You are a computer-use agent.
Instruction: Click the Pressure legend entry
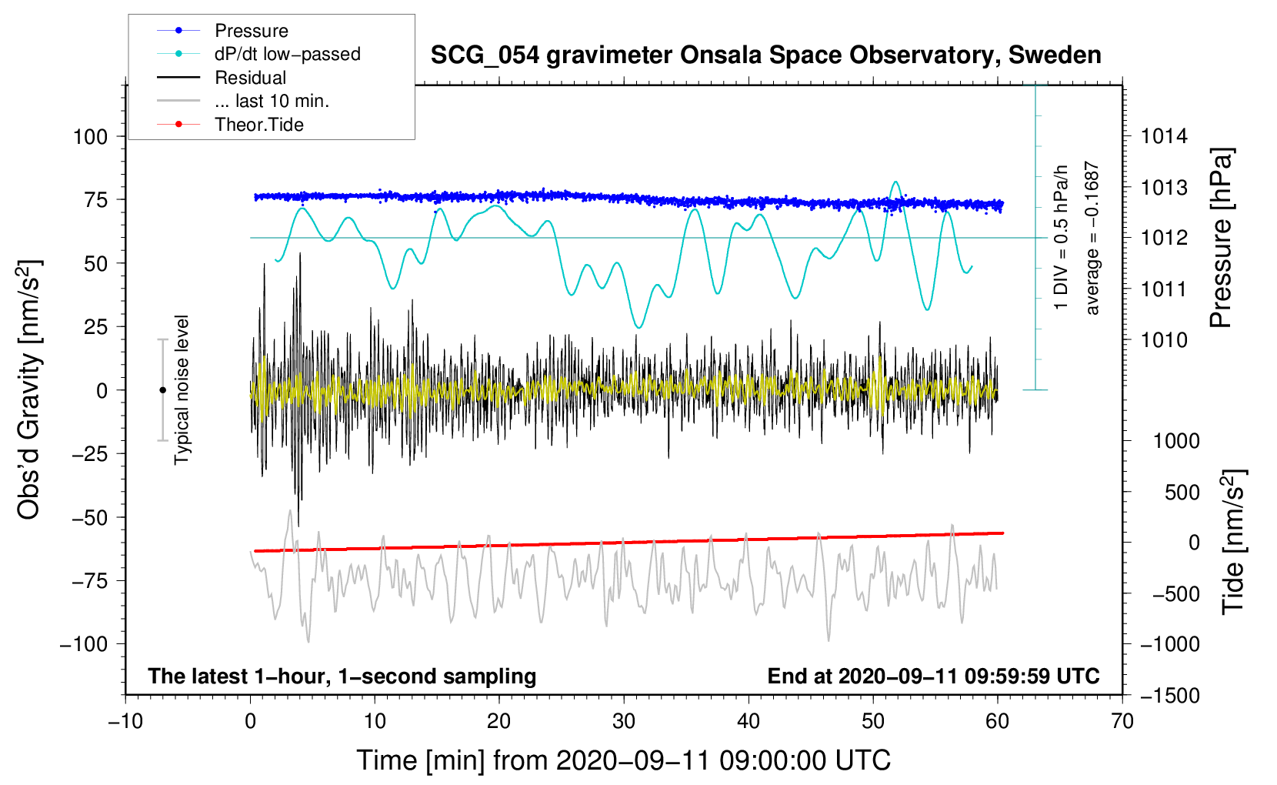click(251, 31)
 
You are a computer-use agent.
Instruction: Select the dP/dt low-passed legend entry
click(287, 54)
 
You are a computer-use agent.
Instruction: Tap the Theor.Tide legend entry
click(258, 125)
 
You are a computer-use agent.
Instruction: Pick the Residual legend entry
click(250, 78)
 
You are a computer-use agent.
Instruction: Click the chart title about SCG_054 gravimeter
click(765, 55)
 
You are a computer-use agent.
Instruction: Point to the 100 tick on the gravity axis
click(90, 137)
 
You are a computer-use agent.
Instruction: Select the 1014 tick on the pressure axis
click(1164, 137)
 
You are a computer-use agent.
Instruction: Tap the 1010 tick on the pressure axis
click(1164, 340)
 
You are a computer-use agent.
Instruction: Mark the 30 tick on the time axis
click(624, 721)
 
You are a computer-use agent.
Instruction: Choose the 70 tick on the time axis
click(1122, 721)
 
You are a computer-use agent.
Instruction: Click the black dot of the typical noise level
click(162, 390)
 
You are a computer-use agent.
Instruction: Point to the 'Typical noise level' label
click(182, 389)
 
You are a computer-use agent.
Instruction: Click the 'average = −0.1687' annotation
click(1092, 238)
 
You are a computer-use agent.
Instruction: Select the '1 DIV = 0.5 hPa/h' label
click(1062, 237)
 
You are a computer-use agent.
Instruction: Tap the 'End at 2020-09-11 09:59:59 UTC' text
click(933, 676)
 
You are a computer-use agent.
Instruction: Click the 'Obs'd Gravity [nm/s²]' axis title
click(28, 389)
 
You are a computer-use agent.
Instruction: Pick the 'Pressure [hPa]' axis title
click(1221, 238)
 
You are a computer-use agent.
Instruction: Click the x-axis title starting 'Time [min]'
click(624, 760)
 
